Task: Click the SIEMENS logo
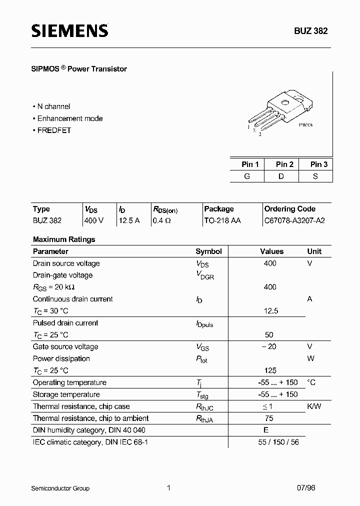(x=69, y=31)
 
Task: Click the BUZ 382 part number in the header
(x=310, y=31)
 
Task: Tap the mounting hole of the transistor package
(x=285, y=103)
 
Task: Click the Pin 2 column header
(x=284, y=164)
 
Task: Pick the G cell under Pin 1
(x=247, y=176)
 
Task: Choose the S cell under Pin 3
(x=315, y=176)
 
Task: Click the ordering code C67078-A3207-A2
(x=294, y=220)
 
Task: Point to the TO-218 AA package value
(x=222, y=220)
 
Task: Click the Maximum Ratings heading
(x=64, y=239)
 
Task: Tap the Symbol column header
(x=208, y=251)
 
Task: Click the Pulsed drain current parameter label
(x=65, y=323)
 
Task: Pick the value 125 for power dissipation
(x=270, y=370)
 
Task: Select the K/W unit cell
(x=314, y=406)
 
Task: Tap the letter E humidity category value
(x=266, y=430)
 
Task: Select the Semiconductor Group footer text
(x=60, y=488)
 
